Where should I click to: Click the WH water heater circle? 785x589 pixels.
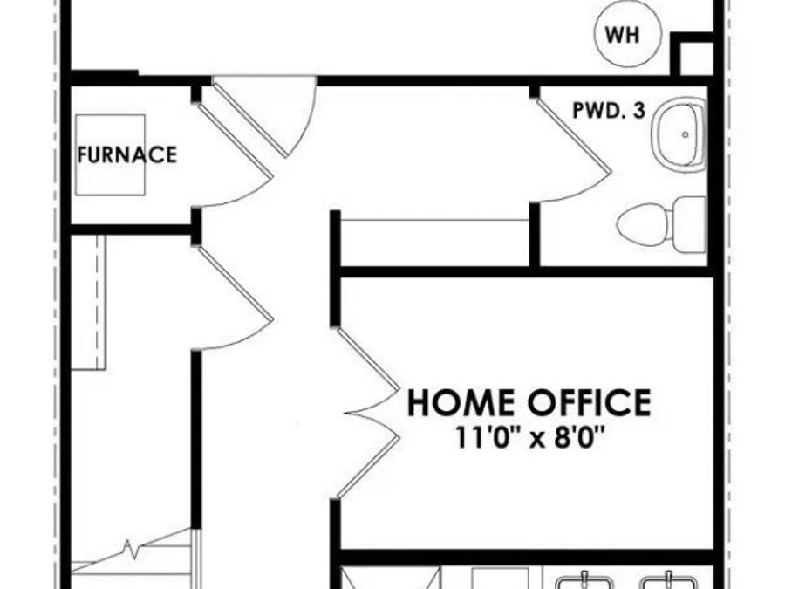point(627,34)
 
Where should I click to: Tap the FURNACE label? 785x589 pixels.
point(126,154)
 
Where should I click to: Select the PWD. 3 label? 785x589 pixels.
point(609,111)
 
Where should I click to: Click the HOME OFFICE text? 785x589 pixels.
point(529,402)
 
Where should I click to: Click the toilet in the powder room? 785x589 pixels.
point(661,224)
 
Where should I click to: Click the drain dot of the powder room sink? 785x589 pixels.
point(686,134)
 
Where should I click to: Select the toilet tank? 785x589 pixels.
point(689,224)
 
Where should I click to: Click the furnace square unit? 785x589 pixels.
point(110,154)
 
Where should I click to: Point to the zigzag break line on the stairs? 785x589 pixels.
point(131,549)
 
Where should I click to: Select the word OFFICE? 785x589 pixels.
point(589,402)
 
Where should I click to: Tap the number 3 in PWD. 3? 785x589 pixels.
point(639,111)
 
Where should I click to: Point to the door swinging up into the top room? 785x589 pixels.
point(265,118)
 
